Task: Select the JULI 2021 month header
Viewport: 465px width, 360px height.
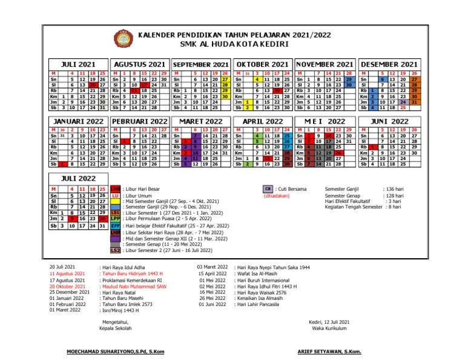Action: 79,64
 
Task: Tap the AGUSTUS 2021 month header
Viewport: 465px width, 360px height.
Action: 140,64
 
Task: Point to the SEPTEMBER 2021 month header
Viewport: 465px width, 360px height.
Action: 200,64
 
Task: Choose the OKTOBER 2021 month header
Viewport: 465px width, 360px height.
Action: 262,64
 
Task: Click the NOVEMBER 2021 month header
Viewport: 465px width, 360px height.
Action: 325,64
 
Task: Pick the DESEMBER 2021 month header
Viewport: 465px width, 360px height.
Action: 389,64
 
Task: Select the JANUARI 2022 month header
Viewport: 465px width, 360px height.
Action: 79,121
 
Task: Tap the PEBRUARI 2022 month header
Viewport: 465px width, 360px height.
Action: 140,121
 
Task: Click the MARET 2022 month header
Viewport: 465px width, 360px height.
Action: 200,121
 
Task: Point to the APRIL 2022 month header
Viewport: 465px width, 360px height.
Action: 262,121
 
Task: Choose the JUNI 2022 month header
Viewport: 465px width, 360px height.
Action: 389,121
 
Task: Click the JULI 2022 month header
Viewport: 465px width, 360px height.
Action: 79,178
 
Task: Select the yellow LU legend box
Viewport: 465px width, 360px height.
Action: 115,196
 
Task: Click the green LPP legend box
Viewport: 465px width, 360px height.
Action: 115,218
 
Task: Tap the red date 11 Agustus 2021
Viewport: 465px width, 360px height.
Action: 67,274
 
